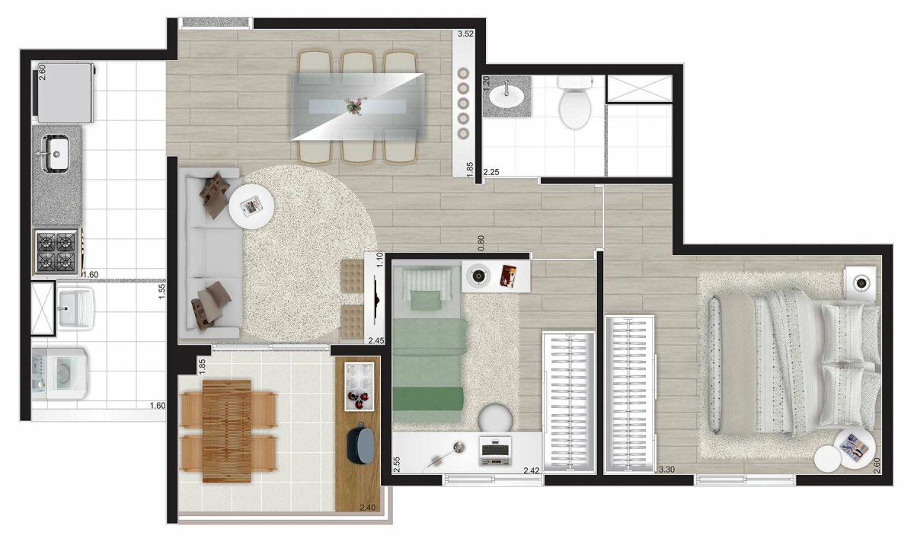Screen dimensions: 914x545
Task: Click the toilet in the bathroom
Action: [575, 102]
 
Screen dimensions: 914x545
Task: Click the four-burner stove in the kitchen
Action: [56, 251]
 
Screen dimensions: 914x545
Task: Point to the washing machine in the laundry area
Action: [60, 374]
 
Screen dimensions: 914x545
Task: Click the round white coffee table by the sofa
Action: [251, 207]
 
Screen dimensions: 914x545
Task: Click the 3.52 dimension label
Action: [465, 33]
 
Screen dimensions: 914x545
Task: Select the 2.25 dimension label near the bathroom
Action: [491, 172]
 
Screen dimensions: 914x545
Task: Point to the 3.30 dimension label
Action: [666, 469]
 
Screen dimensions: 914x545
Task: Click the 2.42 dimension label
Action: [532, 471]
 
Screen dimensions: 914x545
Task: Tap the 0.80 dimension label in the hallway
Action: [481, 244]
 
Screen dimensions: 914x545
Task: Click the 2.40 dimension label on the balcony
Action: [367, 508]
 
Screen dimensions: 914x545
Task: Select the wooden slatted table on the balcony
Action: [227, 432]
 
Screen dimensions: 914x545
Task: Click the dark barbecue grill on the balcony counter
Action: [361, 445]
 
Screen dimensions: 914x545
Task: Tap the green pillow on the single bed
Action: [426, 301]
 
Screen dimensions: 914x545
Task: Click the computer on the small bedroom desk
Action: [495, 451]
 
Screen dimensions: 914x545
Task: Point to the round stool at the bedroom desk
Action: [495, 417]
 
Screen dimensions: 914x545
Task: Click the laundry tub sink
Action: [75, 308]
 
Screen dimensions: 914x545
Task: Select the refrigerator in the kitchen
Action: [66, 93]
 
